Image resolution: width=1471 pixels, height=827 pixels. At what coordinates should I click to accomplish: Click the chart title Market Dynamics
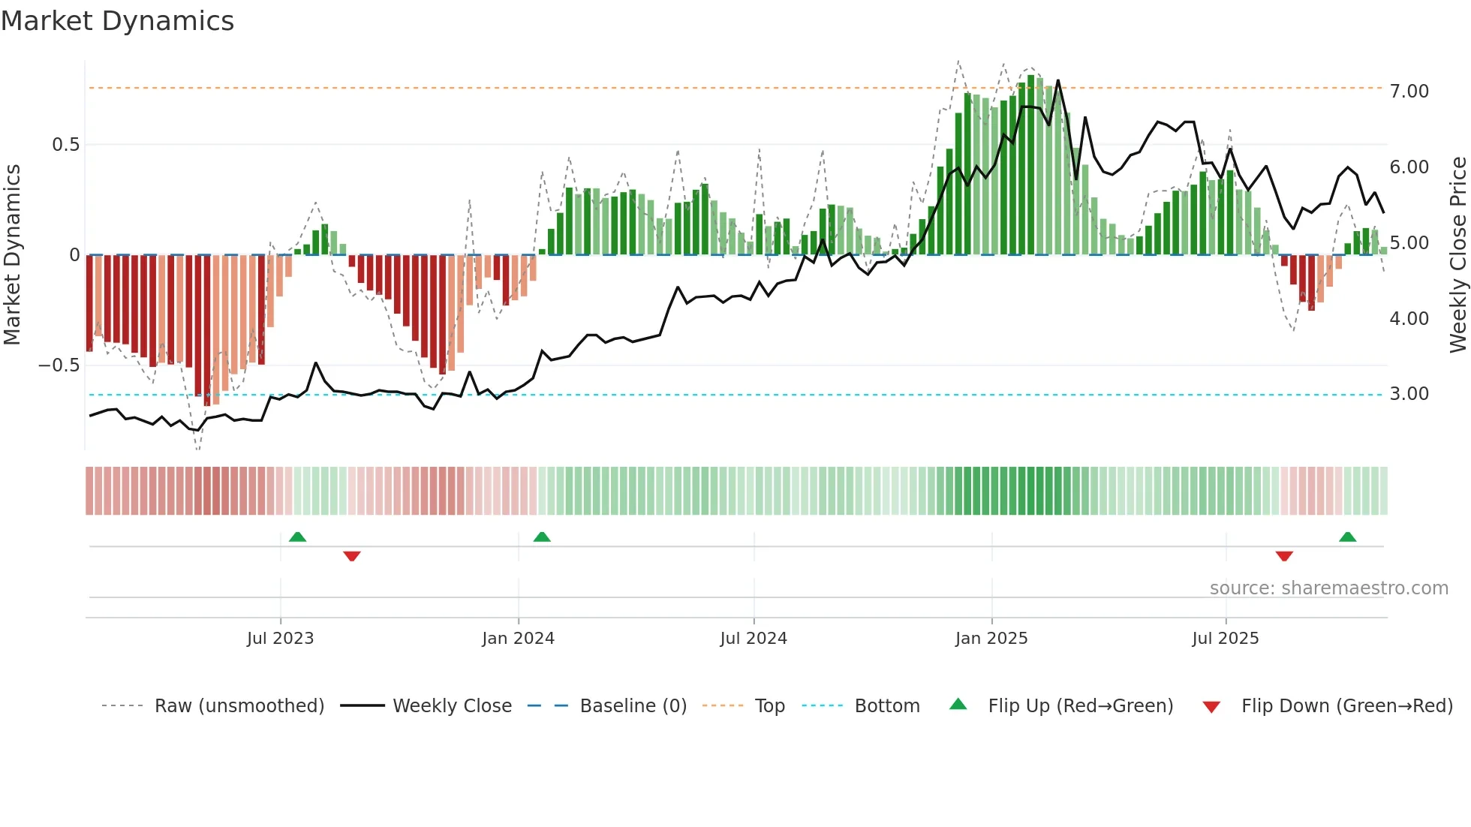coord(117,21)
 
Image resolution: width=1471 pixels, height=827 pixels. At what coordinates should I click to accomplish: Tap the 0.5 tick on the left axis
coord(65,145)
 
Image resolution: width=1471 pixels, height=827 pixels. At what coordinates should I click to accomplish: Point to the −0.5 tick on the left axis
coord(59,365)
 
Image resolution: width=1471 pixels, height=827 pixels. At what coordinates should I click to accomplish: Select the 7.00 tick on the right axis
coord(1409,92)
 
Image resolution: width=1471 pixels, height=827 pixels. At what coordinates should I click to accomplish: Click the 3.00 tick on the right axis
coord(1409,394)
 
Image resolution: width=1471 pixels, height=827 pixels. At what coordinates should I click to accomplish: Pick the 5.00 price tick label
coord(1409,243)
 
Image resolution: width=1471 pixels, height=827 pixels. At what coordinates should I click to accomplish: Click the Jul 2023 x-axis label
coord(280,639)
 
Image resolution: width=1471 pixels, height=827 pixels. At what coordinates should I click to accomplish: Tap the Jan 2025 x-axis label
coord(991,639)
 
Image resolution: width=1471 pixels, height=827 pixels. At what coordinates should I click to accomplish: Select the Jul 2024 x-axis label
coord(754,639)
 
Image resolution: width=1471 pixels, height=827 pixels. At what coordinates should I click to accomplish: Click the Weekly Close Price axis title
coord(1457,255)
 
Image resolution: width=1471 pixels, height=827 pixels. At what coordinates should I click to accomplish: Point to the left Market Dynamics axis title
coord(12,255)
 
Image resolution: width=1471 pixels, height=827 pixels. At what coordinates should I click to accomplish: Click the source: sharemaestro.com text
coord(1328,588)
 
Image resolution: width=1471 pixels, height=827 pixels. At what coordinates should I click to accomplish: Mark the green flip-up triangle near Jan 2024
coord(542,537)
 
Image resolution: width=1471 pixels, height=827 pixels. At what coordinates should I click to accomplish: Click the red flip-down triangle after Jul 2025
coord(1284,556)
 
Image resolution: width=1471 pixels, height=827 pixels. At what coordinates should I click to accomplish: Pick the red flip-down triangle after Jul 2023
coord(352,556)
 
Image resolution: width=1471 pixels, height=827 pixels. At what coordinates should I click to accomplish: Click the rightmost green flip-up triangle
coord(1347,537)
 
